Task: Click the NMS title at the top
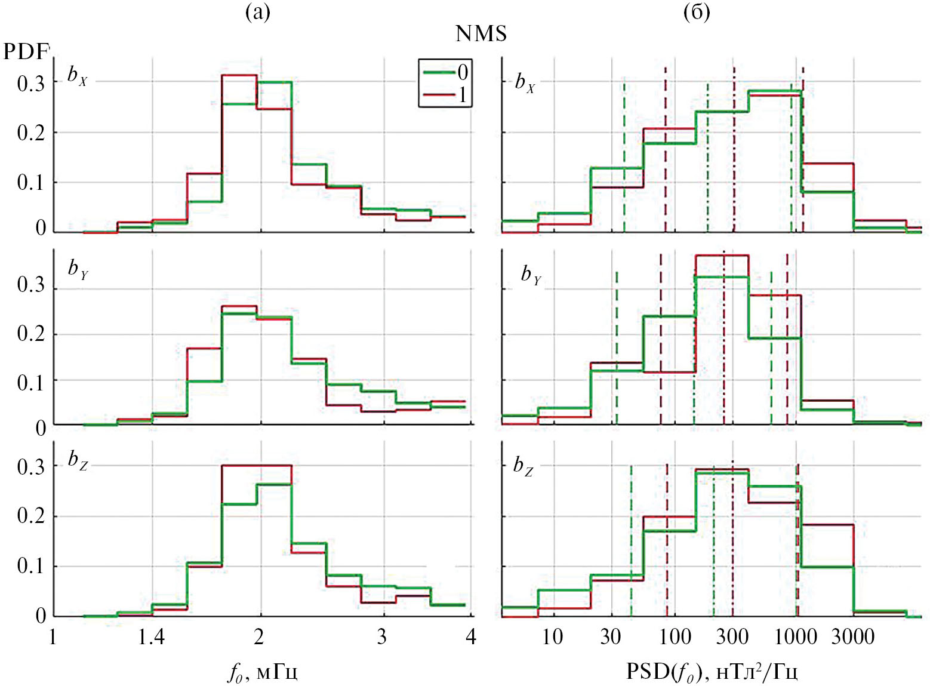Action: tap(481, 33)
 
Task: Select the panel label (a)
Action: tap(258, 13)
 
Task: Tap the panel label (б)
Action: tap(697, 13)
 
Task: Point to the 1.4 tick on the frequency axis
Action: tap(151, 638)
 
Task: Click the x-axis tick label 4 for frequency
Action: tap(471, 638)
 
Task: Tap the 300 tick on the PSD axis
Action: tap(732, 638)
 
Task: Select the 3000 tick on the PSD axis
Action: tap(853, 638)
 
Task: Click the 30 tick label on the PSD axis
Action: tap(610, 638)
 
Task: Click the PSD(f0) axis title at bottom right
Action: tap(712, 672)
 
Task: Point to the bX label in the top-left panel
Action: tap(78, 76)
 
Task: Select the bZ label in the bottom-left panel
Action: tap(78, 460)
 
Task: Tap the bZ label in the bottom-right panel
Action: tap(523, 466)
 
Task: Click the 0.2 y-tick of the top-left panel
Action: tap(31, 133)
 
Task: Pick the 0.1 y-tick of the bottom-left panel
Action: tap(31, 566)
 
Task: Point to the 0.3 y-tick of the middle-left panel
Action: tap(31, 285)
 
